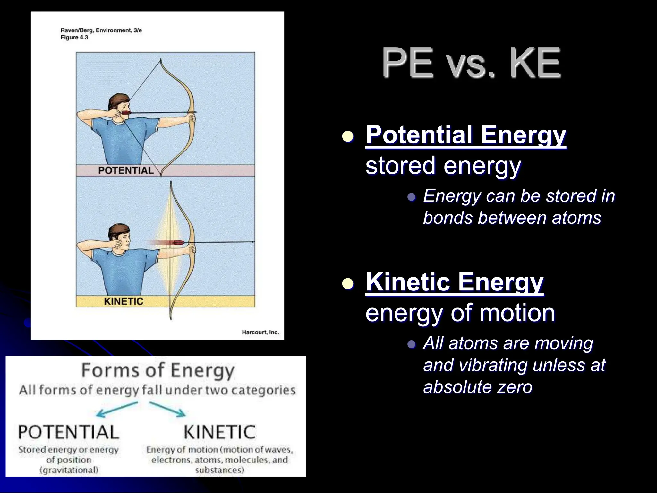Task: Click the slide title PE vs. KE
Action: [471, 63]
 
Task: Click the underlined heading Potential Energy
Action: [466, 135]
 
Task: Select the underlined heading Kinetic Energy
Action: [454, 282]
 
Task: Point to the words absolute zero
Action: [478, 386]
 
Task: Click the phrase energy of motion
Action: [460, 313]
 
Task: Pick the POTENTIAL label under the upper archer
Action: [126, 170]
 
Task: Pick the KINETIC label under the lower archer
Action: [124, 301]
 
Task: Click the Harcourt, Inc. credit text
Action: [260, 332]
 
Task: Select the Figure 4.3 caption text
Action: [74, 37]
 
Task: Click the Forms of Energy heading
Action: [158, 370]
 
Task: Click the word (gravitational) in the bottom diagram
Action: [69, 471]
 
